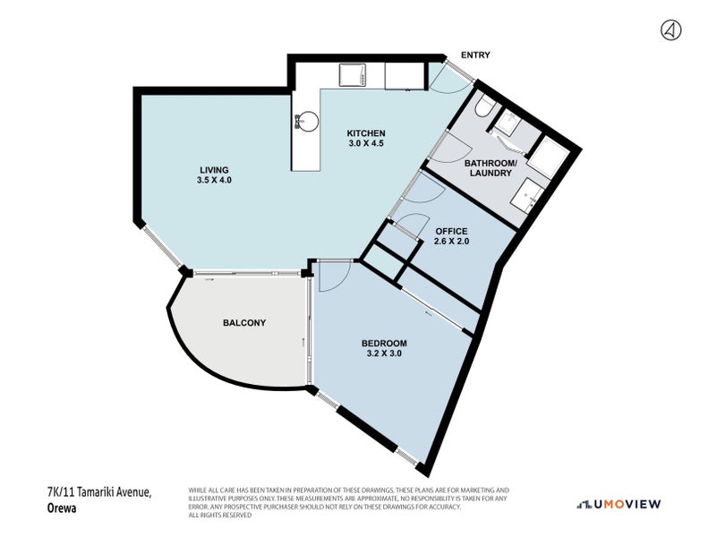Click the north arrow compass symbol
pos(671,30)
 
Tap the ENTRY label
pos(475,55)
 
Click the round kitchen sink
pos(308,122)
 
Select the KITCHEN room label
pos(366,133)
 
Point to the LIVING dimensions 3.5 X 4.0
pos(214,180)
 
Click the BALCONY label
pos(244,323)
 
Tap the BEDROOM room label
pos(384,344)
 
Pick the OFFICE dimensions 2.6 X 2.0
pos(451,241)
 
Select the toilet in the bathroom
pos(483,107)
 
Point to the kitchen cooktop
pos(352,74)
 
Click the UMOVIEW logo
pos(618,504)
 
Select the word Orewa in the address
pos(62,507)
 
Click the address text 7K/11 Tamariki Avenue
pos(98,492)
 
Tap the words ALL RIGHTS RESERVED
pos(220,515)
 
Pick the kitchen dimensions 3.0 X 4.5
pos(366,143)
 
